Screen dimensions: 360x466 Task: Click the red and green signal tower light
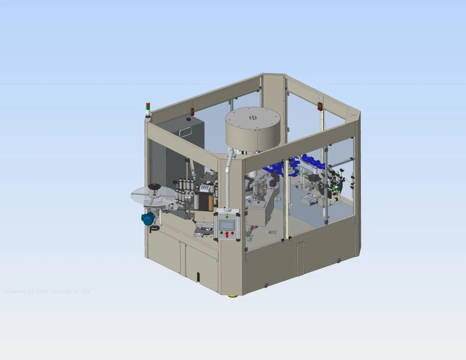point(148,109)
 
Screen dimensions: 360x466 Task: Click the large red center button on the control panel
point(227,234)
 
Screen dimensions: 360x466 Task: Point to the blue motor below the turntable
point(149,218)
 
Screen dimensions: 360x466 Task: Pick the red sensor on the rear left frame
point(193,111)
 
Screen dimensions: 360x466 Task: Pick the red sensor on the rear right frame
point(320,106)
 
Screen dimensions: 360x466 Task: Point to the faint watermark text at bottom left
point(47,292)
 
